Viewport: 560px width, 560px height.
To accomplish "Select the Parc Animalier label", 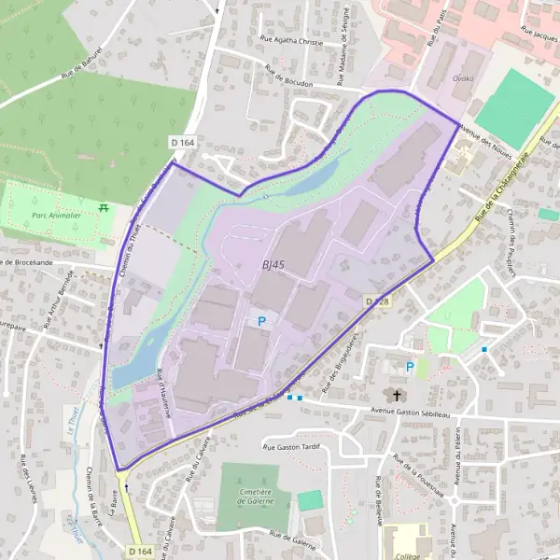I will click(x=52, y=215).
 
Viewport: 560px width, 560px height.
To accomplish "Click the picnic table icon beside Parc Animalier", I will click(x=104, y=206).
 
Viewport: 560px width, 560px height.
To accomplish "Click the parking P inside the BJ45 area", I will click(x=262, y=321).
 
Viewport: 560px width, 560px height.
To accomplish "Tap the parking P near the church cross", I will click(x=409, y=367).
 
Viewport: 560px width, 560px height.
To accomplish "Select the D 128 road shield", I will click(x=375, y=301).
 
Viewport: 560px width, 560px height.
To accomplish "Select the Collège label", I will click(x=408, y=554).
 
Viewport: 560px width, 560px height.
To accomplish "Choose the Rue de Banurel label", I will click(x=80, y=63).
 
